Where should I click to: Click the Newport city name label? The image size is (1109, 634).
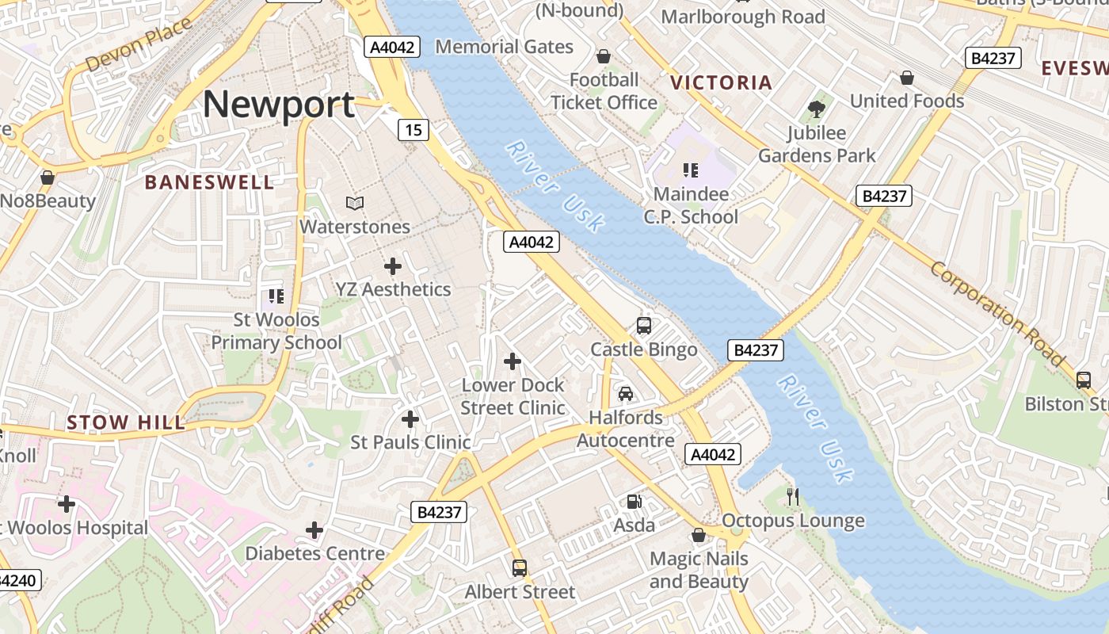click(279, 105)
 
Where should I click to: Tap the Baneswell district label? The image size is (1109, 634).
click(209, 182)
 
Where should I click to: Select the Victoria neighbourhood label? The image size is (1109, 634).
click(721, 82)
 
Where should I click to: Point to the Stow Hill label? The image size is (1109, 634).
click(126, 422)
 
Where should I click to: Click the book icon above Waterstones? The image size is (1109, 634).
click(355, 204)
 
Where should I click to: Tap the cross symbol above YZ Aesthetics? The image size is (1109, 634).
click(392, 266)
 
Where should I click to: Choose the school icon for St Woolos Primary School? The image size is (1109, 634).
click(276, 296)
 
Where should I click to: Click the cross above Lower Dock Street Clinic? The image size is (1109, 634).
click(513, 361)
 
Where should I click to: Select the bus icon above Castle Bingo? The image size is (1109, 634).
click(644, 326)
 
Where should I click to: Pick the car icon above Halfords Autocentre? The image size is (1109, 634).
click(626, 394)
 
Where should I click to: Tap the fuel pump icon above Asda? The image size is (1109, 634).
click(634, 501)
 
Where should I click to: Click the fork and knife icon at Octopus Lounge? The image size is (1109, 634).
click(793, 497)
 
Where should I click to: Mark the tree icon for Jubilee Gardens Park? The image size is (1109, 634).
click(817, 109)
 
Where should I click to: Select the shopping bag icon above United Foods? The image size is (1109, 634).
click(907, 78)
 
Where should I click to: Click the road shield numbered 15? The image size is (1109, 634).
click(413, 129)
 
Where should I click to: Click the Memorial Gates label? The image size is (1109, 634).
click(504, 47)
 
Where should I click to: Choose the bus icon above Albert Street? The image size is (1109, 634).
click(520, 567)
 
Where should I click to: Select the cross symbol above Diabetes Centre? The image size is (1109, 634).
click(314, 529)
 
